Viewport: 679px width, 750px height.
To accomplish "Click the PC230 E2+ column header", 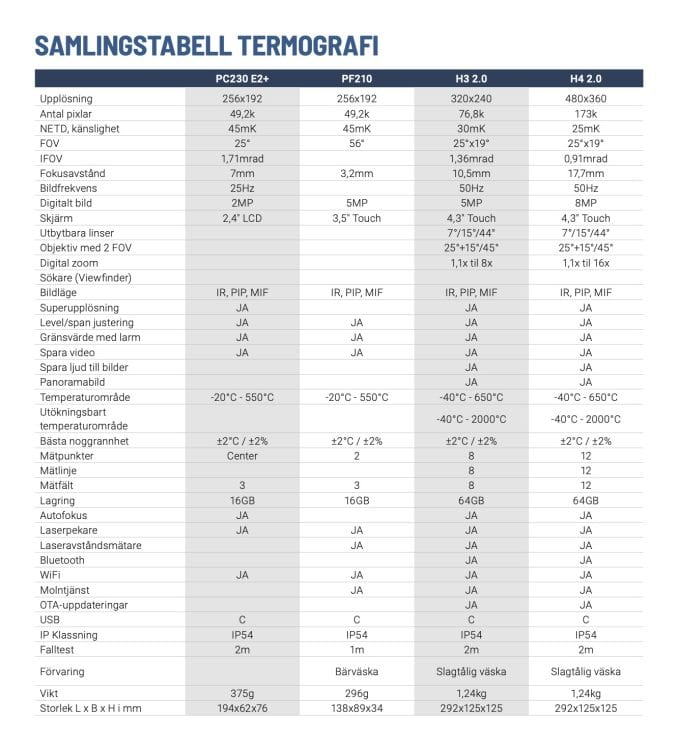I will tap(242, 78).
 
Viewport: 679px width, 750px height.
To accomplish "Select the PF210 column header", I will tap(357, 78).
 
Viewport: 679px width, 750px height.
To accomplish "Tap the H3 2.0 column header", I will tap(471, 78).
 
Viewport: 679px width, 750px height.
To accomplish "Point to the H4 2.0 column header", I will tap(585, 78).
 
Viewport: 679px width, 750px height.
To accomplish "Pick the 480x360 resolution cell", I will tap(585, 99).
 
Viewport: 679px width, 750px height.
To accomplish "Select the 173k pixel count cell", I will tap(585, 114).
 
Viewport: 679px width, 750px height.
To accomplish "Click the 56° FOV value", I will tap(357, 143).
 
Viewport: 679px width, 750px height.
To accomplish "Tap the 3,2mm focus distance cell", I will tap(357, 173).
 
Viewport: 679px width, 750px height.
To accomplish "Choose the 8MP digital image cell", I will tap(585, 203).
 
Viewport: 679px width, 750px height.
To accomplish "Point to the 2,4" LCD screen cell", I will tap(242, 218).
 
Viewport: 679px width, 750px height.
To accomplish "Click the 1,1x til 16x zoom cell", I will tap(585, 263).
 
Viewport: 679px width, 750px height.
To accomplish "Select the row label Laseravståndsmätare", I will tap(90, 545).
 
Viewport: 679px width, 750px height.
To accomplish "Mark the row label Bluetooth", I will tap(62, 560).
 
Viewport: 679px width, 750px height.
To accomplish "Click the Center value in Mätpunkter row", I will tap(242, 456).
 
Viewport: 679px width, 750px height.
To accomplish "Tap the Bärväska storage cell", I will tap(357, 672).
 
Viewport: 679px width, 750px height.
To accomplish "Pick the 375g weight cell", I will tap(242, 693).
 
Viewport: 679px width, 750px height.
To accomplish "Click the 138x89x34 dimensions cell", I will tap(357, 708).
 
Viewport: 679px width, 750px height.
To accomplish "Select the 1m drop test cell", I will tap(357, 650).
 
